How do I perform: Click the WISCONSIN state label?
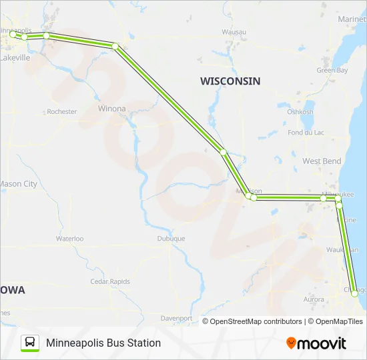[x=230, y=81]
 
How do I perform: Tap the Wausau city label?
[x=234, y=31]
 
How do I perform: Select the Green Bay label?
[x=332, y=70]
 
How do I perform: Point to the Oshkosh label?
[x=300, y=112]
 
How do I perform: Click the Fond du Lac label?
[x=306, y=133]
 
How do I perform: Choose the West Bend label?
[x=322, y=161]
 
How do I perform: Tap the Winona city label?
[x=111, y=108]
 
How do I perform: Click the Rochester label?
[x=62, y=112]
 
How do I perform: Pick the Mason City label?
[x=18, y=184]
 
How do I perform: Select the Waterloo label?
[x=69, y=238]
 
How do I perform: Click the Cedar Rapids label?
[x=110, y=281]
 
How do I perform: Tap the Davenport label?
[x=176, y=318]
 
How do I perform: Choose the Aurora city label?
[x=314, y=300]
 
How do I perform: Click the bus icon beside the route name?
[x=30, y=343]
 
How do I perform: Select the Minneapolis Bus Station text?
[x=103, y=343]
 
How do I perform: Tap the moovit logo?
[x=316, y=343]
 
